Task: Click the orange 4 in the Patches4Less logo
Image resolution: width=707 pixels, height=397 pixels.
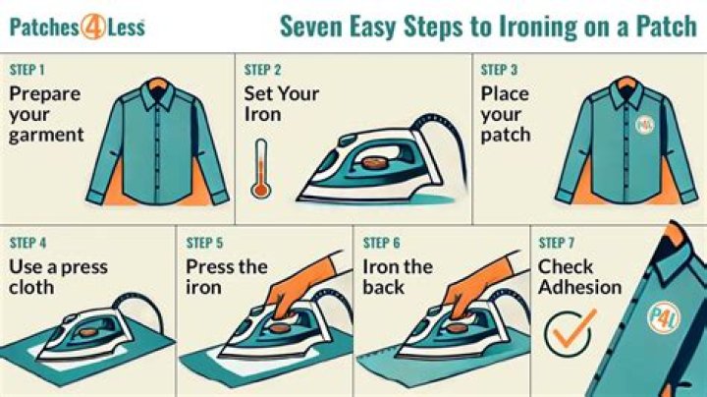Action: click(93, 28)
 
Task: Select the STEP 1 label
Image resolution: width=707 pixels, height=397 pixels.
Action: click(27, 70)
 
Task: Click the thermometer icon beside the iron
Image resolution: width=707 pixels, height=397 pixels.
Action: click(260, 169)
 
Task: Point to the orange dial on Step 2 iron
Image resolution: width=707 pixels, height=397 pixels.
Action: click(374, 163)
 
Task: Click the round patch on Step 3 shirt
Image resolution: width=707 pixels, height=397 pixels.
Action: click(644, 125)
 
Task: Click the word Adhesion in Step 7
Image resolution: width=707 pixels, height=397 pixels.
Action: click(580, 287)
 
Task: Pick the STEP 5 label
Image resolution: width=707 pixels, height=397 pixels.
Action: click(204, 243)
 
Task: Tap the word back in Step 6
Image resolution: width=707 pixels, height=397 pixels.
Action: click(383, 287)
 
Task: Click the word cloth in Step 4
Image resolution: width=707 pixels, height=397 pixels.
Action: click(31, 287)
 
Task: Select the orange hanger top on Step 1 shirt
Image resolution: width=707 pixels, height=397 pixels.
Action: click(157, 84)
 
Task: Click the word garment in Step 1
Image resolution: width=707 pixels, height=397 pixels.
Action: click(46, 136)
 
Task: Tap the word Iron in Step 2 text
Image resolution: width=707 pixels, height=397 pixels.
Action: click(262, 114)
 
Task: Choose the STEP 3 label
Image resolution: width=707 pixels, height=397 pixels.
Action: click(499, 70)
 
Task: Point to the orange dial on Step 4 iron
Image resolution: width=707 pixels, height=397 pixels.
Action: click(87, 332)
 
